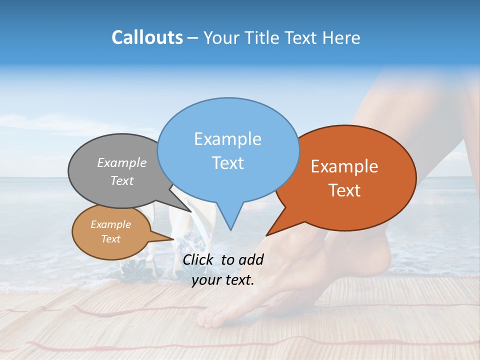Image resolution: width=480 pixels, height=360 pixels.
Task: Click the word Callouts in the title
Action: click(147, 37)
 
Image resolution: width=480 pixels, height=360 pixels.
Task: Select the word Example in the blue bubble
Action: click(227, 139)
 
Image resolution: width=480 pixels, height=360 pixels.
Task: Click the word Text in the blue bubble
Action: click(227, 163)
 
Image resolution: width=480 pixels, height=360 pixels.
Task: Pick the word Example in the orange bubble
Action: click(344, 166)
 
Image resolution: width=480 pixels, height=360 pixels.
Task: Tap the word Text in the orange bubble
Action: click(344, 190)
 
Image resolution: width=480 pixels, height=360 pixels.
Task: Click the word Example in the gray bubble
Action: click(122, 162)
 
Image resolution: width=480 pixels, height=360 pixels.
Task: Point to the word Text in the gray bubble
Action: click(122, 180)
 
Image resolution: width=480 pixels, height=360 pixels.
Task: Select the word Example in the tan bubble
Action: click(110, 224)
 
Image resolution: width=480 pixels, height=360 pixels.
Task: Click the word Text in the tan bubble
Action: click(110, 239)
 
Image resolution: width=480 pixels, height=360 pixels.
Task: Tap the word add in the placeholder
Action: click(251, 259)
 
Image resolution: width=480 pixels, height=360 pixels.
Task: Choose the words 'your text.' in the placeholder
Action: click(223, 280)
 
